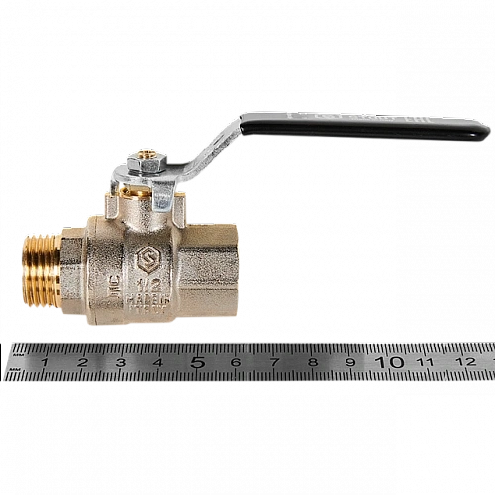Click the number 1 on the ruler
click(45, 362)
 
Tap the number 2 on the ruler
click(82, 362)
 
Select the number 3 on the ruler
click(120, 362)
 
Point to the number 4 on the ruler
click(158, 362)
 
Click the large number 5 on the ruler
click(197, 361)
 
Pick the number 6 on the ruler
click(236, 362)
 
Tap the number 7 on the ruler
click(273, 362)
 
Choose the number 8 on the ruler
click(312, 362)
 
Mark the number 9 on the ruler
click(350, 362)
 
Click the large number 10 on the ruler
click(391, 361)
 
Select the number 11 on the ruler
click(428, 362)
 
